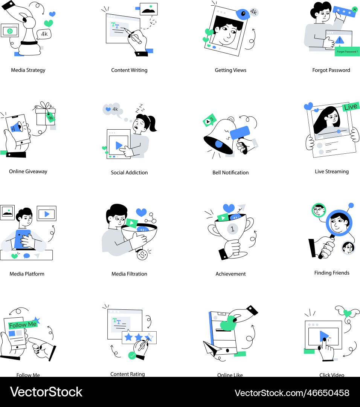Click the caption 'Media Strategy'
[28, 70]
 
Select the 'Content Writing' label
[129, 70]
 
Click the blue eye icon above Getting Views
[243, 14]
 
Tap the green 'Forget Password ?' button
[347, 52]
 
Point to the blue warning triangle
[340, 40]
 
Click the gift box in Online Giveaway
[46, 115]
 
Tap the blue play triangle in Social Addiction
[119, 145]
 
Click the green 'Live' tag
[351, 107]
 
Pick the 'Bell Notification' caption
[230, 173]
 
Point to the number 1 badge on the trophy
[232, 229]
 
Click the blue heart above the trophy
[229, 208]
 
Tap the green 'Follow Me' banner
[23, 325]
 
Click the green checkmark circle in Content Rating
[132, 355]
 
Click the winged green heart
[347, 313]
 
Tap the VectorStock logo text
[46, 392]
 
